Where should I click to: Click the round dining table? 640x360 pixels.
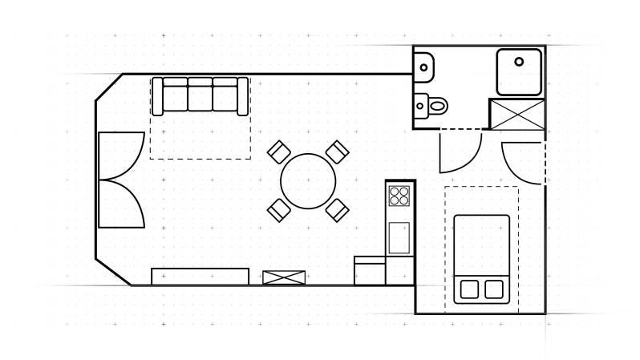[308, 180]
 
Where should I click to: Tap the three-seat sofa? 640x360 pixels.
[200, 95]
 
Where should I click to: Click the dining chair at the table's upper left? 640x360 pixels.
[278, 152]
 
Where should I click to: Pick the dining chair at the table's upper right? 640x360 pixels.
[338, 152]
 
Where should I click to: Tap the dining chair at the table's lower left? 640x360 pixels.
[278, 209]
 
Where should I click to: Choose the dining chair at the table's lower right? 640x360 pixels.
[338, 210]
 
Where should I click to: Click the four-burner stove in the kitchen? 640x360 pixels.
[399, 196]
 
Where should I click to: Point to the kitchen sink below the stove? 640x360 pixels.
[399, 237]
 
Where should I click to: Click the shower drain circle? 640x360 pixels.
[519, 61]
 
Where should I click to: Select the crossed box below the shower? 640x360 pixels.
[516, 114]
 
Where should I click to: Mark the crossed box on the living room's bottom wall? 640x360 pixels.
[284, 277]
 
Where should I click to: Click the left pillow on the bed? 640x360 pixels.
[469, 289]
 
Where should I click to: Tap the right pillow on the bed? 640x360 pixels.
[494, 289]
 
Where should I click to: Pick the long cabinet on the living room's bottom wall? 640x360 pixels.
[200, 277]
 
